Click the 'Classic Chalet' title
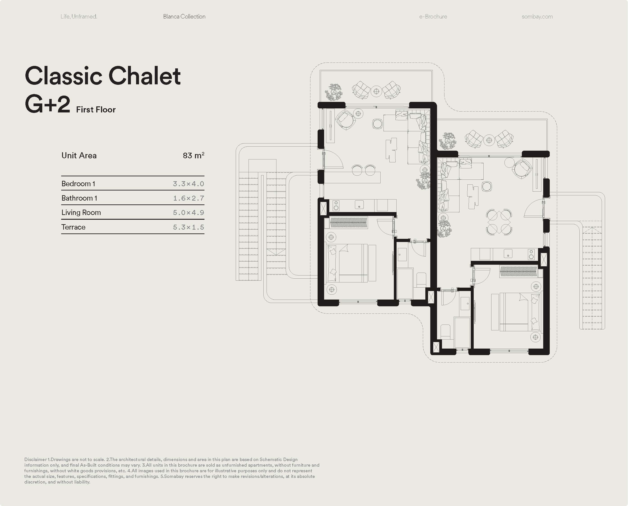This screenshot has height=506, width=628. coord(103,76)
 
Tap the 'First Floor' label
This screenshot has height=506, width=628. coord(96,110)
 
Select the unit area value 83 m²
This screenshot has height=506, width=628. coord(194,155)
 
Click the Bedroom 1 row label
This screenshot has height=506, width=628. coord(78,184)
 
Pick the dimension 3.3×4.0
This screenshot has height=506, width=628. coord(188,184)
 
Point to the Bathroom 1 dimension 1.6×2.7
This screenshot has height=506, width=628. coord(188,198)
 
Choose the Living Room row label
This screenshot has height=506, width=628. coord(81,213)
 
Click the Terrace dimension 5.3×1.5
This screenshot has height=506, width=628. coord(188,227)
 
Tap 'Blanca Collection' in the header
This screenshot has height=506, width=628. coord(184,17)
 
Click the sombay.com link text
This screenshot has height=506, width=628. coord(537,17)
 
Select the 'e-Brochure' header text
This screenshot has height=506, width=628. coord(433,17)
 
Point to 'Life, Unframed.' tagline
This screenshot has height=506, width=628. coord(79,17)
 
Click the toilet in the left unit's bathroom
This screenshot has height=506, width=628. coord(421,280)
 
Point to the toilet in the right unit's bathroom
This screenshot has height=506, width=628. coord(445,332)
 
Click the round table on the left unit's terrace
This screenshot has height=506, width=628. coord(376,91)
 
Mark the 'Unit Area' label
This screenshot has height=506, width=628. coord(79,155)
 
